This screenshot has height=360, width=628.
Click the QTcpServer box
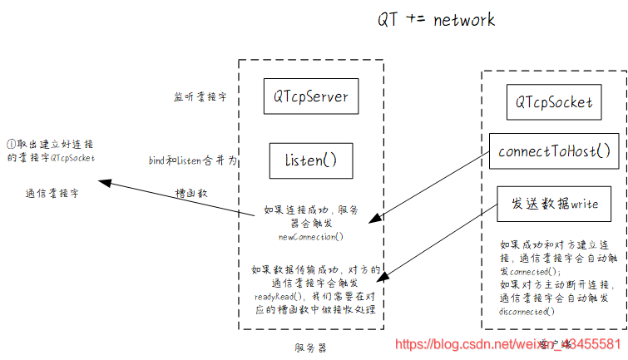[x=311, y=96]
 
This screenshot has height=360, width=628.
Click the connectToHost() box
[x=554, y=150]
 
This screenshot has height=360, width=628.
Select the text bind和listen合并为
[x=192, y=160]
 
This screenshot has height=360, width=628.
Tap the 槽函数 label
[x=190, y=192]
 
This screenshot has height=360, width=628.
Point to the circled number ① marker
[x=11, y=143]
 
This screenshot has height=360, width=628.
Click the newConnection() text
[x=309, y=237]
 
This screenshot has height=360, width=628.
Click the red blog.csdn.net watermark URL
[x=507, y=343]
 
